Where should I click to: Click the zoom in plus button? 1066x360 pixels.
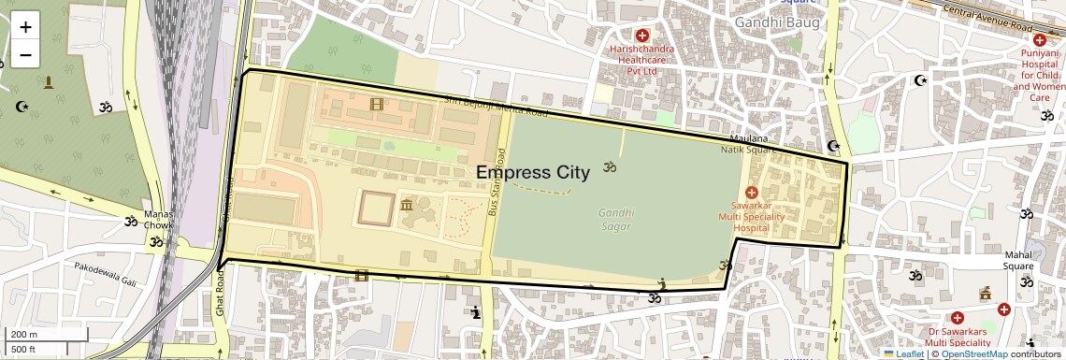point(25,27)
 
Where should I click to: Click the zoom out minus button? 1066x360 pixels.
point(25,54)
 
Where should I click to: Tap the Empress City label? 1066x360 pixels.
point(533,172)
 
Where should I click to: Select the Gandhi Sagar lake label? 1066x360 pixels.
point(616,220)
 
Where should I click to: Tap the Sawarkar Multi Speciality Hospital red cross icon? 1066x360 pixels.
point(752,192)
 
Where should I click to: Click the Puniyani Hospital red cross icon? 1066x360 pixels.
point(1039,39)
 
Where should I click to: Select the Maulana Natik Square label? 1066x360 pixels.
point(748,143)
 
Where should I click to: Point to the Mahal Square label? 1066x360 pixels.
point(1025,260)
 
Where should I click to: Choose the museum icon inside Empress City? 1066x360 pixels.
point(407,205)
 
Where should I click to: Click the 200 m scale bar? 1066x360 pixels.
point(47,335)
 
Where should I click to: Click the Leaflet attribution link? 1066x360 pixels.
point(903,354)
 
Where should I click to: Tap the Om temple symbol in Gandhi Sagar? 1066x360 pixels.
point(610,167)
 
